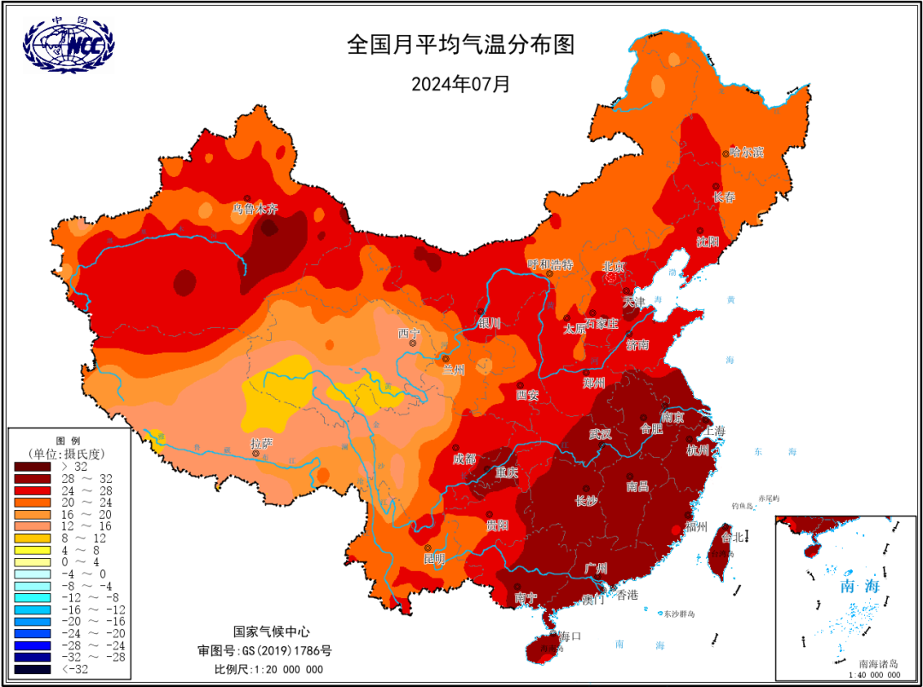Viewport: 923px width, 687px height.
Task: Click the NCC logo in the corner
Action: pyautogui.click(x=68, y=45)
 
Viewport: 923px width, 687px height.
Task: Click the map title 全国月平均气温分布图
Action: pyautogui.click(x=460, y=44)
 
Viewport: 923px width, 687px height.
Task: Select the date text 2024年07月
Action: pyautogui.click(x=460, y=85)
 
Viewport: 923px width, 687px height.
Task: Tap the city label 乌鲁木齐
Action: pyautogui.click(x=256, y=208)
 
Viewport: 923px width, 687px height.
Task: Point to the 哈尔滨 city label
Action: pyautogui.click(x=746, y=152)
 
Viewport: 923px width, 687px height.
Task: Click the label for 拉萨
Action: pyautogui.click(x=262, y=443)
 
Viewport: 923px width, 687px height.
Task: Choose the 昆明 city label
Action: pyautogui.click(x=434, y=559)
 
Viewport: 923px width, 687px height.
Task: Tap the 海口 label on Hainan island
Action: pyautogui.click(x=570, y=637)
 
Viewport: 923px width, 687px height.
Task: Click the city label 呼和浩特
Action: pyautogui.click(x=550, y=264)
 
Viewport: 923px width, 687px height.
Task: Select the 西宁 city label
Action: pyautogui.click(x=409, y=332)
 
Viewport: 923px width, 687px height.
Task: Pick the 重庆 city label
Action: pyautogui.click(x=507, y=472)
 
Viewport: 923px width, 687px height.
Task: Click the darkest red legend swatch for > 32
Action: pyautogui.click(x=32, y=467)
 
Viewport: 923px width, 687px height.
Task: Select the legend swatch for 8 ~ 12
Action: pyautogui.click(x=32, y=539)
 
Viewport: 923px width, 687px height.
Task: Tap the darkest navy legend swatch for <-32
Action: pyautogui.click(x=32, y=670)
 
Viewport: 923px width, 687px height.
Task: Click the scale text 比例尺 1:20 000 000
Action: pyautogui.click(x=268, y=669)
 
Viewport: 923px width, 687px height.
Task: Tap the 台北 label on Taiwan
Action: pyautogui.click(x=732, y=537)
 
